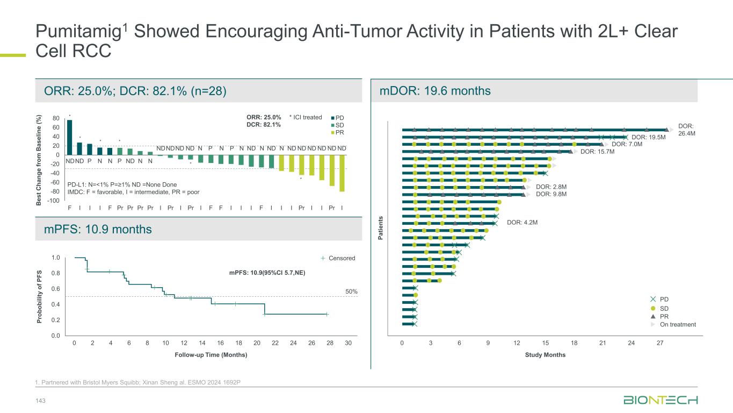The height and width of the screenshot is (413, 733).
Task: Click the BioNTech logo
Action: pos(661,401)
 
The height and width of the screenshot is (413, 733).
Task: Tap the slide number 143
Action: pos(40,401)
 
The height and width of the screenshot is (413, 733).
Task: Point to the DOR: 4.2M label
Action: pos(522,222)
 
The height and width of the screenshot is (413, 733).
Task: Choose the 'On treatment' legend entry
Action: pos(677,324)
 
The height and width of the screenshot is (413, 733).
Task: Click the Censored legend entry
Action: pos(342,258)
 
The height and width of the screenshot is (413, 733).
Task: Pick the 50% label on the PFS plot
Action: pos(351,291)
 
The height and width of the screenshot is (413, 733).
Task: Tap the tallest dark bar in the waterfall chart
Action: pos(69,137)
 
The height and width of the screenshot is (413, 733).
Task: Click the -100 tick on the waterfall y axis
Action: pos(53,201)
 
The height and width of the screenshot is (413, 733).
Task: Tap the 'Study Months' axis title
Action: pos(545,355)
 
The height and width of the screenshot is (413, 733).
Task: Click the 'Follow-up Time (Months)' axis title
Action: pos(211,355)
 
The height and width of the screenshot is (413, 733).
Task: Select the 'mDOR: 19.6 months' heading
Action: pos(436,91)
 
